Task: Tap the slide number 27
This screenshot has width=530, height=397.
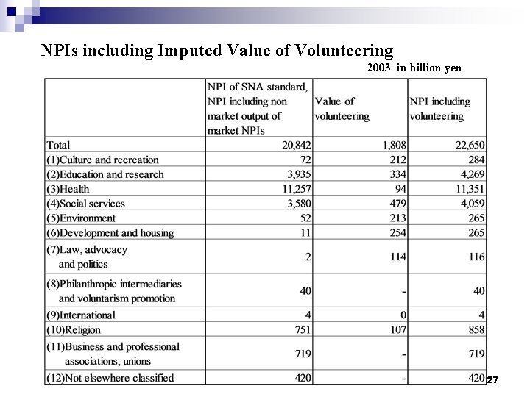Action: click(493, 379)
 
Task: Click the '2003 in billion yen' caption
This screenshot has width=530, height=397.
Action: click(414, 68)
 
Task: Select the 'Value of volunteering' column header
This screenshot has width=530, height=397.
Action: click(342, 109)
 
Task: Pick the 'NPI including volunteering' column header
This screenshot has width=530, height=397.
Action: click(439, 109)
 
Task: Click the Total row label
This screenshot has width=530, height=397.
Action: click(58, 146)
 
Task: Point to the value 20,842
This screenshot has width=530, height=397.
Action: click(296, 146)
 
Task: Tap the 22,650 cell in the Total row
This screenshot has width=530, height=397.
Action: click(470, 146)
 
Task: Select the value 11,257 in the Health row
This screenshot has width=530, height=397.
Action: click(296, 189)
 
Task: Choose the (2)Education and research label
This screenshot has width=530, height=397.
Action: click(105, 174)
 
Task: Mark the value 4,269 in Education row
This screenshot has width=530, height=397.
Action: click(473, 174)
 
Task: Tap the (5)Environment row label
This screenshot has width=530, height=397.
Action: click(81, 218)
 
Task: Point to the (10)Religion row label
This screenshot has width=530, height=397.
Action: click(74, 330)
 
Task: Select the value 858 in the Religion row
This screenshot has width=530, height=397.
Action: click(476, 330)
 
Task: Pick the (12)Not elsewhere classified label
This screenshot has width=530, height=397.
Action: click(110, 378)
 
